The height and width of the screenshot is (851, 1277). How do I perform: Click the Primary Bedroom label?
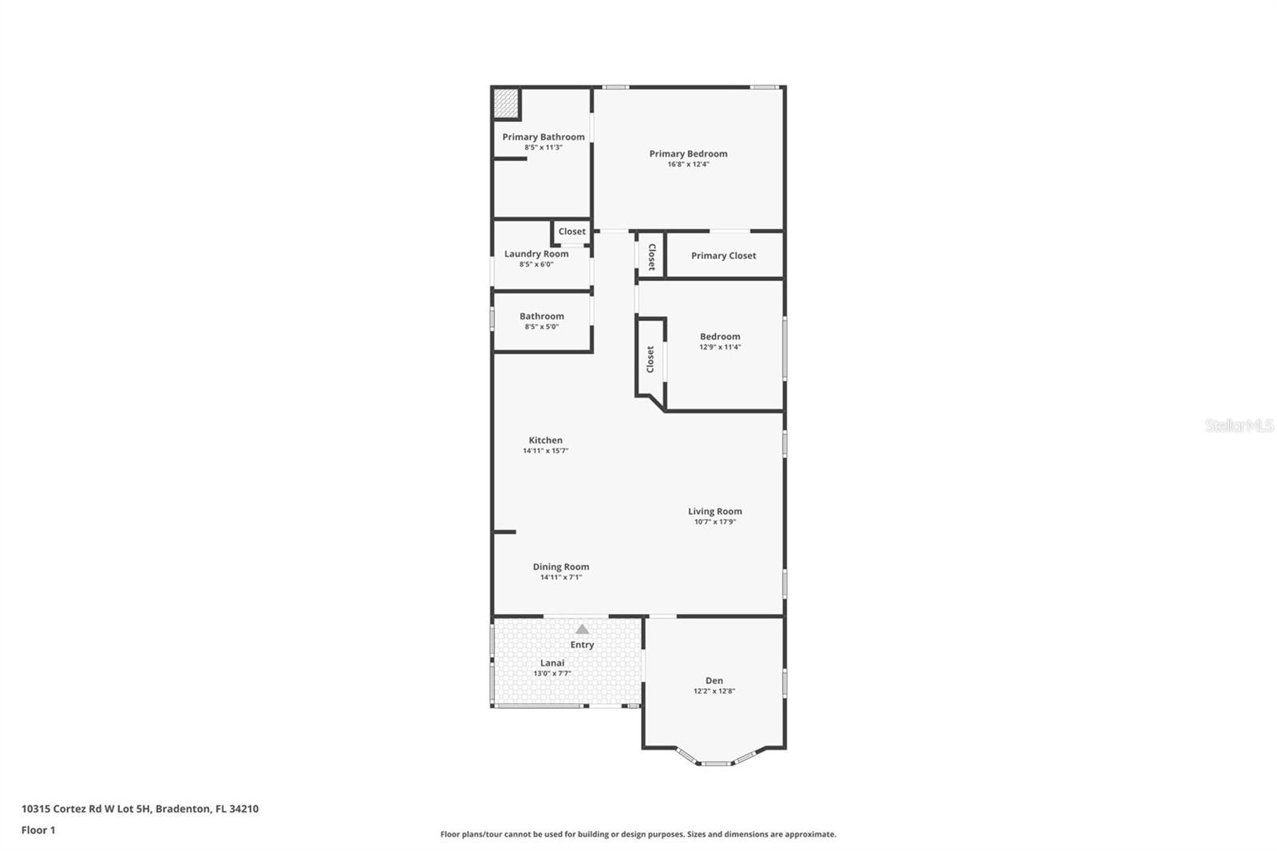coord(688,154)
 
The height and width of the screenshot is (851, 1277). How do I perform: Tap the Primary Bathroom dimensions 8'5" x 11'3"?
coord(544,148)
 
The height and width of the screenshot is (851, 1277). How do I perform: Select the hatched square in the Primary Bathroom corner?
coord(505,103)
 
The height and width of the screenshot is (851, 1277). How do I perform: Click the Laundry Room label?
coord(536,254)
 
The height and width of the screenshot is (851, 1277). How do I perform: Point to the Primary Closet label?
coord(723,255)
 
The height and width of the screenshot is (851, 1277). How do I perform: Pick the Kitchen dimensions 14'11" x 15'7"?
coord(545,451)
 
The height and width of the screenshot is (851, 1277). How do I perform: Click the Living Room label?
coord(715,512)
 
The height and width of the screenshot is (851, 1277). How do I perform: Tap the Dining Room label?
coord(561,567)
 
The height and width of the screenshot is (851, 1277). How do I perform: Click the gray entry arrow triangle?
coord(582,629)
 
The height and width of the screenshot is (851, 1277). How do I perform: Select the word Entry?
coord(582,645)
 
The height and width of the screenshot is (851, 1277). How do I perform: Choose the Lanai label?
coord(552,663)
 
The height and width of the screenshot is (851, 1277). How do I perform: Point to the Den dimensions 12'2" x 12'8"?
coord(714,691)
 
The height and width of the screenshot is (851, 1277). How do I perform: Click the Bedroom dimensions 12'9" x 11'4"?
coord(720,347)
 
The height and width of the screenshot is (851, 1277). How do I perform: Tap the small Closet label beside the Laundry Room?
coord(571,232)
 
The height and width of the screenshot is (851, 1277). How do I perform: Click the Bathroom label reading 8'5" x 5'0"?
coord(542,316)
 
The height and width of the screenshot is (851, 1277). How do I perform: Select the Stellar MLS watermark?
coord(1239,426)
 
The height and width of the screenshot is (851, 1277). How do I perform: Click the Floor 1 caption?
coord(38,830)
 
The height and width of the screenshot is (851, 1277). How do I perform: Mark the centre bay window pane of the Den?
coord(715,763)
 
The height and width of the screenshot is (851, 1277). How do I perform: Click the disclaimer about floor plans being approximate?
coord(638,834)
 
